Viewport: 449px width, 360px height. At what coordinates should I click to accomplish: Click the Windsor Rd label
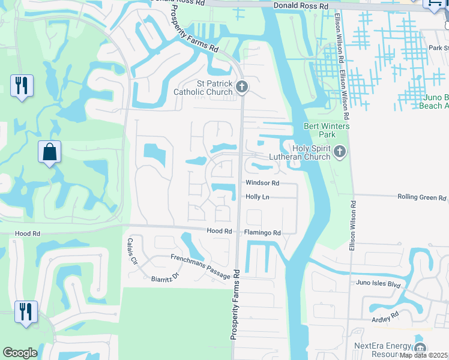point(262,183)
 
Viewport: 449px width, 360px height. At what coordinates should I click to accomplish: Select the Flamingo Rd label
point(262,233)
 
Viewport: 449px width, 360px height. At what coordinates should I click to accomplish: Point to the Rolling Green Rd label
point(423,197)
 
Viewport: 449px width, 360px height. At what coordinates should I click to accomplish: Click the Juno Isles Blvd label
point(378,283)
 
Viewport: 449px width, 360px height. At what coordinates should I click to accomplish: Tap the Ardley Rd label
point(385,316)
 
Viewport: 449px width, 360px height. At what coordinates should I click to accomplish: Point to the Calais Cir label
point(133,253)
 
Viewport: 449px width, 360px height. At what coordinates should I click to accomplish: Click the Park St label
point(438,48)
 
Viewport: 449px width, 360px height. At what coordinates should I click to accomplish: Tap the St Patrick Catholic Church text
point(203,88)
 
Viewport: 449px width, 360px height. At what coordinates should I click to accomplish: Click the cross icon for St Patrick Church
point(241,88)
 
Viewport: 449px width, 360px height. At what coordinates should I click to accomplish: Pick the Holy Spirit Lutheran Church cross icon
point(340,152)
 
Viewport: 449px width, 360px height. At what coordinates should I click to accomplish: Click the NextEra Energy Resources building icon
point(420,348)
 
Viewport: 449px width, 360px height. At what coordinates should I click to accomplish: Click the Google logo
point(20,353)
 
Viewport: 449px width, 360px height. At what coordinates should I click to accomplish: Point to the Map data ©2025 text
point(424,355)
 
